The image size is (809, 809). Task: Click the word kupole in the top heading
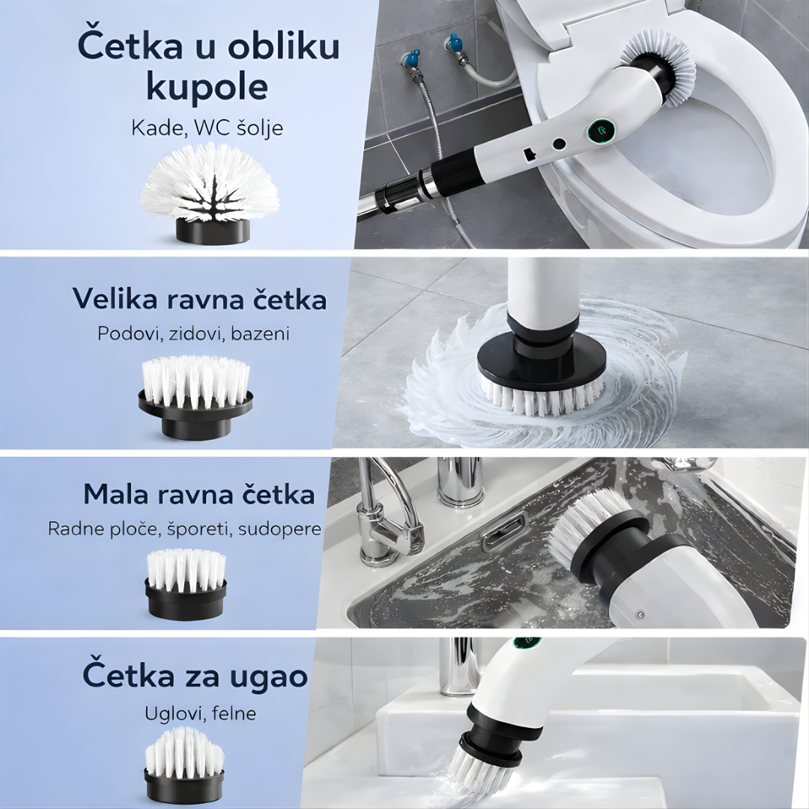[x=207, y=87]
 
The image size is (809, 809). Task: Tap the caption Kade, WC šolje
[x=207, y=127]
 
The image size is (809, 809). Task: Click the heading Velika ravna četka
[x=199, y=299]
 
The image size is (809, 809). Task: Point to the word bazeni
[x=260, y=333]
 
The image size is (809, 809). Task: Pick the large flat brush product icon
[x=196, y=397]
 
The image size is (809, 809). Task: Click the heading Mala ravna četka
[x=199, y=494]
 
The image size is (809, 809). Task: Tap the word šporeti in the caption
[x=205, y=529]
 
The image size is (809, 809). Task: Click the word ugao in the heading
[x=267, y=676]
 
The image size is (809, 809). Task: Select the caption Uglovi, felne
[x=200, y=713]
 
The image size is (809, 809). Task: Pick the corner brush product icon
[x=184, y=764]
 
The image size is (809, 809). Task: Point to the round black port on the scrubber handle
[x=559, y=143]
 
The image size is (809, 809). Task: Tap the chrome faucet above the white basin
[x=458, y=667]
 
